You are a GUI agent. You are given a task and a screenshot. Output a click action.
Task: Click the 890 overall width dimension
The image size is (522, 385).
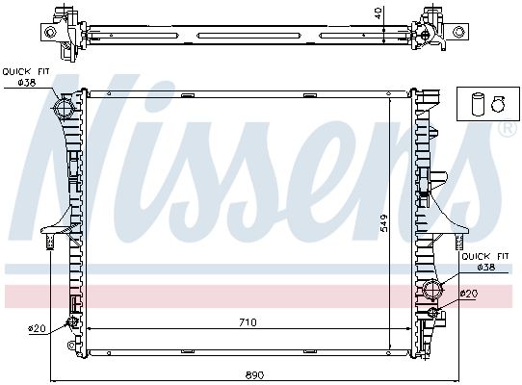[254, 375]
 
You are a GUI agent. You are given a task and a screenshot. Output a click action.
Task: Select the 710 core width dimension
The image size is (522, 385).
[248, 322]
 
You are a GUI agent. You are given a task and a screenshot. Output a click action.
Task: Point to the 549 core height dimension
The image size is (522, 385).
[384, 223]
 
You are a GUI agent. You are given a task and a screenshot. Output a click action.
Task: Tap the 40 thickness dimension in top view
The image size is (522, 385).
[378, 13]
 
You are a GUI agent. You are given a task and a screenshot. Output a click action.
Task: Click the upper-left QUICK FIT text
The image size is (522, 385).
[26, 71]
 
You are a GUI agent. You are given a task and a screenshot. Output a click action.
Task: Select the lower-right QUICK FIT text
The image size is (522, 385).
[485, 256]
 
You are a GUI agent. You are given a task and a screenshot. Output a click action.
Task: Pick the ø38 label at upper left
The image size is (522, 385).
[27, 82]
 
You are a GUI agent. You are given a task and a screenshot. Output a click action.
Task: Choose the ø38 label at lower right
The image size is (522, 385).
[486, 267]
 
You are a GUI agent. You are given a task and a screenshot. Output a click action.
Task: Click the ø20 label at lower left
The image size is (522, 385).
[37, 329]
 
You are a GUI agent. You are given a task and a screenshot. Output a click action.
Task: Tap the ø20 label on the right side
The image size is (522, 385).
[469, 294]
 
